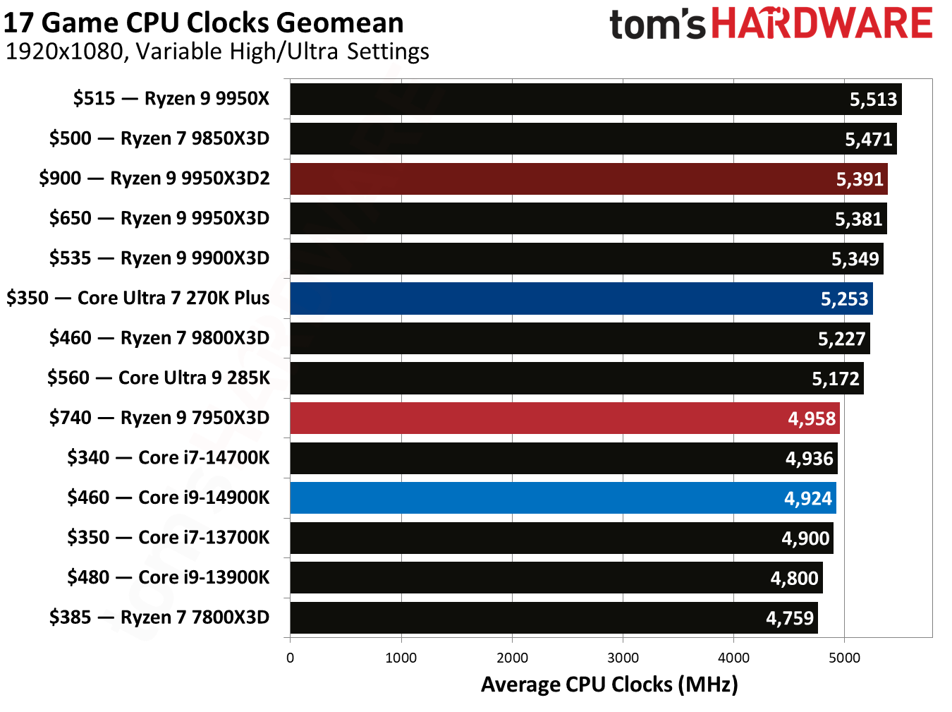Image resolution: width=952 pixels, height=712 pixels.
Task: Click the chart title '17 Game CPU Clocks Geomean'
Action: pos(203,23)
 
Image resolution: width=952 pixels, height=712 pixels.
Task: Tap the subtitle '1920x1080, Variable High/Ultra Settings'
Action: pos(217,52)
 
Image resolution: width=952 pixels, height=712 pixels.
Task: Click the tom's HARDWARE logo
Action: pos(771,24)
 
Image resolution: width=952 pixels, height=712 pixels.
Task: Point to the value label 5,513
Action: pos(873,99)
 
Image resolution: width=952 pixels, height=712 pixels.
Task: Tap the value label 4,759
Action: pos(790,618)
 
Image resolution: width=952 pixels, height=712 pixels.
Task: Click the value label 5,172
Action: pos(836,379)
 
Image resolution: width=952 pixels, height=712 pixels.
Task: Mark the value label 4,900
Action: pos(805,538)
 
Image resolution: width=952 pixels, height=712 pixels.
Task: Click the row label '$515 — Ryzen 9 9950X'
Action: pos(171,98)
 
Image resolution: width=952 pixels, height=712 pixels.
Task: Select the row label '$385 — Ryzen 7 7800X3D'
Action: pos(159,617)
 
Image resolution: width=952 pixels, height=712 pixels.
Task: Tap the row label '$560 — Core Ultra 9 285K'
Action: pos(159,378)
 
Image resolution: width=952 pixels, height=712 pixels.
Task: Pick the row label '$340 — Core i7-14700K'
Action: pos(169,457)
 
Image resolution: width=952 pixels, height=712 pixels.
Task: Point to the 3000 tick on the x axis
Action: pos(623,658)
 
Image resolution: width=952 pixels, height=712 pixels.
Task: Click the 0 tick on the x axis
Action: pos(290,658)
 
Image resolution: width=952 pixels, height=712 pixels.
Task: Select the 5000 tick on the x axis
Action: pos(844,658)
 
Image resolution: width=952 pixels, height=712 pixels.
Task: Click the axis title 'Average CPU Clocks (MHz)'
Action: pos(609,684)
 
